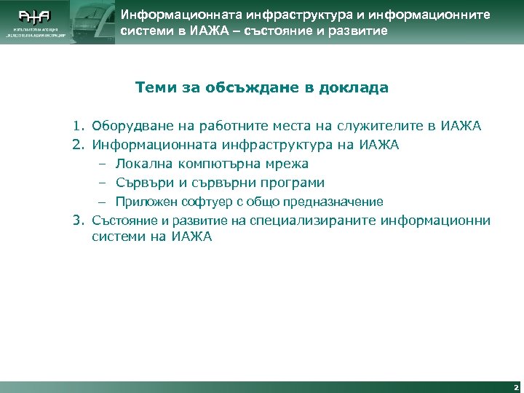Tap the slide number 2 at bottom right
[x=515, y=387]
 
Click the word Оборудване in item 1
[x=127, y=126]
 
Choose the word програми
[x=292, y=183]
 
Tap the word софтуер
[x=196, y=202]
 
